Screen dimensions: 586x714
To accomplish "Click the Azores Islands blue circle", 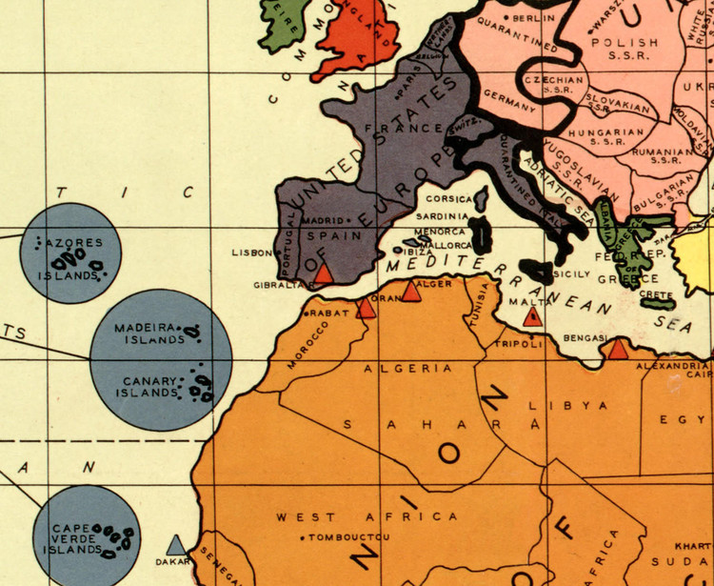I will [71, 253].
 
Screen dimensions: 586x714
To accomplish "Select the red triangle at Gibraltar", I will [324, 274].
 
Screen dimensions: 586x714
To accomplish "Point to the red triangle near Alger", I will [411, 292].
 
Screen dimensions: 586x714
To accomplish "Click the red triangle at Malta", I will [533, 315].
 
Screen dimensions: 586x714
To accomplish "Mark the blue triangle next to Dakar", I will [175, 545].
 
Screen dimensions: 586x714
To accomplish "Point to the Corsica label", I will [446, 199].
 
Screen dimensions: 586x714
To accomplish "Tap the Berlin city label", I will [534, 18].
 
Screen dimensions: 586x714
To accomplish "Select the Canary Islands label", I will [150, 387].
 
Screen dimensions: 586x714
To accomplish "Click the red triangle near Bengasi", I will [618, 350].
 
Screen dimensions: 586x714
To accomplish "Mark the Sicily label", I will [570, 274].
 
